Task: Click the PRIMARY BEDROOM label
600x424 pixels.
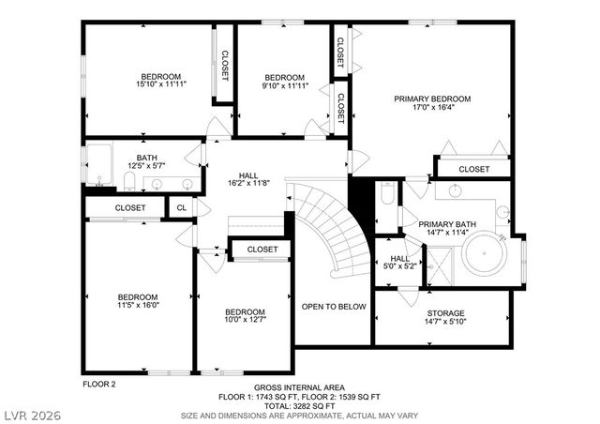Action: coord(431,98)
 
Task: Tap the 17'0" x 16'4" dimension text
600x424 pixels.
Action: coord(431,108)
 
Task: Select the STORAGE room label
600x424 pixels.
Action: coord(445,313)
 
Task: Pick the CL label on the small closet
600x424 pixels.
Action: coord(181,207)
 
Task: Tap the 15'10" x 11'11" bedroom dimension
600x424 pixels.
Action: coord(161,86)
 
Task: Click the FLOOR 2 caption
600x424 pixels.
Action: coord(98,385)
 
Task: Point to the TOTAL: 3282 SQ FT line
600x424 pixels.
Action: coord(299,404)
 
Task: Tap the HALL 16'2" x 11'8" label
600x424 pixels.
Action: coord(248,178)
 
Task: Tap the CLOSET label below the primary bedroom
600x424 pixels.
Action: coord(473,170)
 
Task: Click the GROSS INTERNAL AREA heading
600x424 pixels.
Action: coord(299,387)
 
